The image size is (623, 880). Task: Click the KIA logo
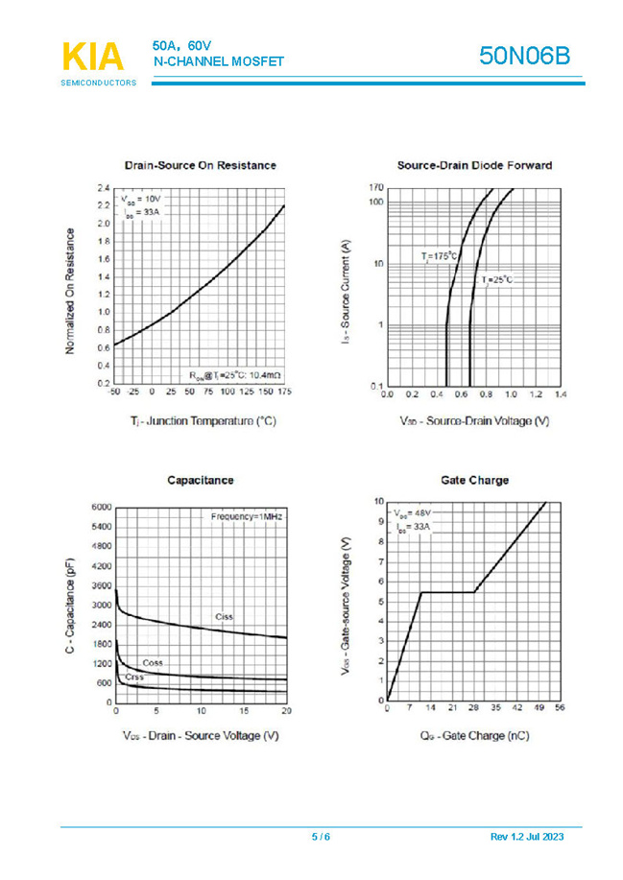[93, 59]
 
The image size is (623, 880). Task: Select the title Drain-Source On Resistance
[201, 165]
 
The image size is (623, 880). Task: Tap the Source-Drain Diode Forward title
[474, 165]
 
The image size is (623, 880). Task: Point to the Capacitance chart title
[200, 480]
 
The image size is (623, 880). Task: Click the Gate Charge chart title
[474, 480]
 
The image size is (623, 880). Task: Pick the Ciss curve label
[224, 616]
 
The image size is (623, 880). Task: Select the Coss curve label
[152, 663]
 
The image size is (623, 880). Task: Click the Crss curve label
[133, 678]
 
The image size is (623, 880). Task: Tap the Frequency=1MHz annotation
[246, 516]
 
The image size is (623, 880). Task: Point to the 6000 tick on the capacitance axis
[102, 507]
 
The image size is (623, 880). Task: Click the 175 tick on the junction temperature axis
[284, 392]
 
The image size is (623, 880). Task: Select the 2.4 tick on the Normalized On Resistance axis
[103, 188]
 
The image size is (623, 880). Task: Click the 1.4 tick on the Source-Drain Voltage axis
[560, 393]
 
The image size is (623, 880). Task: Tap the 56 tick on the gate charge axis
[560, 708]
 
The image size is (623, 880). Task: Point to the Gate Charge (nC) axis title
[474, 736]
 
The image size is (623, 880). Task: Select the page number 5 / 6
[321, 838]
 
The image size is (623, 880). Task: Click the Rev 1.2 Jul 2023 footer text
[527, 838]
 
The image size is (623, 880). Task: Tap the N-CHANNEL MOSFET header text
[219, 62]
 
